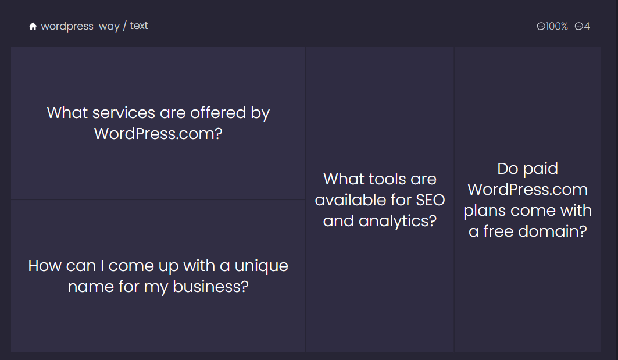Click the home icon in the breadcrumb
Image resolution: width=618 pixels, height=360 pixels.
(x=33, y=26)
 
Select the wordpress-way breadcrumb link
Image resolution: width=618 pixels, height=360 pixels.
(x=80, y=26)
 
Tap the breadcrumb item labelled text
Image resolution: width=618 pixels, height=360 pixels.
(x=139, y=26)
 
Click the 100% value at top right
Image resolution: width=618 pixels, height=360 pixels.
(x=556, y=26)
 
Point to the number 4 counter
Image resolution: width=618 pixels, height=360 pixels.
(x=587, y=26)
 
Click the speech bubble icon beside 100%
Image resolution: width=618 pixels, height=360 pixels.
(x=541, y=26)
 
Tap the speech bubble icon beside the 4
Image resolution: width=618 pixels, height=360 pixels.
(x=578, y=26)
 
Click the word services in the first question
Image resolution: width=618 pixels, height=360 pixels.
(x=124, y=113)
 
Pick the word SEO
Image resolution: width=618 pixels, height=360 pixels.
(x=430, y=200)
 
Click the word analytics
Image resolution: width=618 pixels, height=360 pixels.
(x=398, y=221)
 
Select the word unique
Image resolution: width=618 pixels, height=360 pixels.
(x=261, y=266)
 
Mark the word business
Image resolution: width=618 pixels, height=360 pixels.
(x=210, y=287)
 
